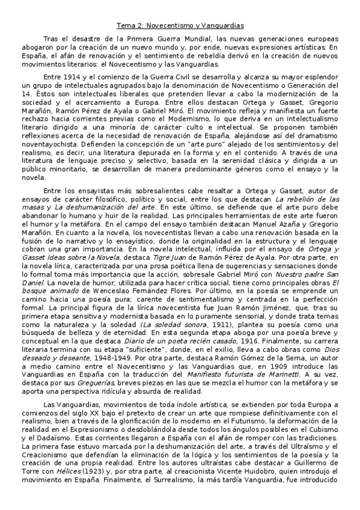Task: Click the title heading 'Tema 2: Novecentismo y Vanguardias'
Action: pos(180,26)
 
